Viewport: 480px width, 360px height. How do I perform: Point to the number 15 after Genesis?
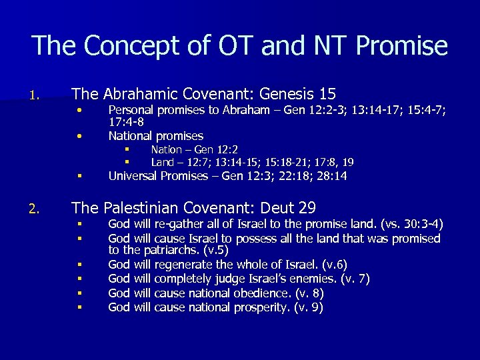(327, 95)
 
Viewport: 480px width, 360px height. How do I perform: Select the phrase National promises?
(156, 136)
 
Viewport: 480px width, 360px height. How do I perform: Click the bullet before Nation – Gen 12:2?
(125, 149)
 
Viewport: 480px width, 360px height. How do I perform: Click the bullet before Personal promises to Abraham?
(79, 109)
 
